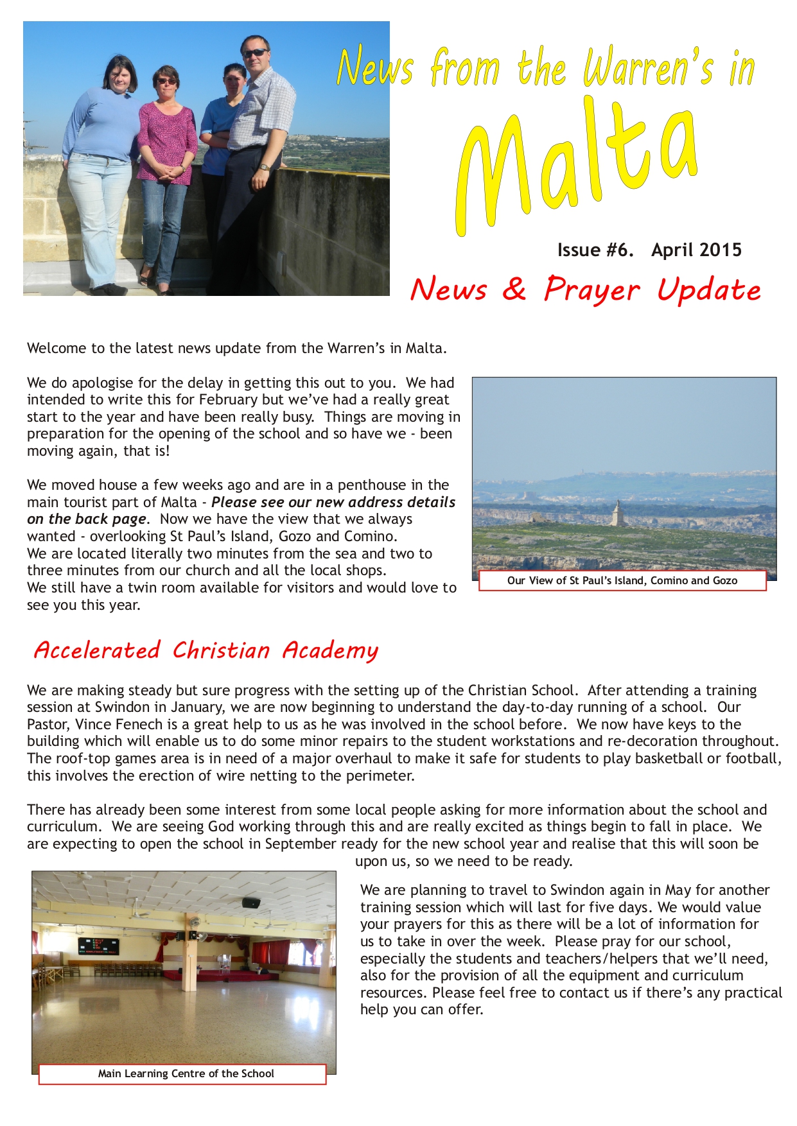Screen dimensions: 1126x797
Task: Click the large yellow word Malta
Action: pyautogui.click(x=578, y=164)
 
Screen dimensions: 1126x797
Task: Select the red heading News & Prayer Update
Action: pyautogui.click(x=585, y=290)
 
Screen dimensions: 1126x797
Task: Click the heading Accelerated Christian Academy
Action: pyautogui.click(x=206, y=650)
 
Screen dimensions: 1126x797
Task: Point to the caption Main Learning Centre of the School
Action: pyautogui.click(x=186, y=1073)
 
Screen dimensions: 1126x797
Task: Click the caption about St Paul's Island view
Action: pyautogui.click(x=622, y=580)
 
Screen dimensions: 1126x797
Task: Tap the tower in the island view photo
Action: pyautogui.click(x=617, y=514)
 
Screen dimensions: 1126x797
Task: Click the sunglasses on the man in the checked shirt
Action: pyautogui.click(x=256, y=53)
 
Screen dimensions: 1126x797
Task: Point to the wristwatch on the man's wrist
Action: pyautogui.click(x=263, y=167)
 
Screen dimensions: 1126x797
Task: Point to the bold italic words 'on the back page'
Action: pyautogui.click(x=87, y=519)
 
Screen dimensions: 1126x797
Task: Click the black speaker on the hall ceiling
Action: pyautogui.click(x=251, y=903)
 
